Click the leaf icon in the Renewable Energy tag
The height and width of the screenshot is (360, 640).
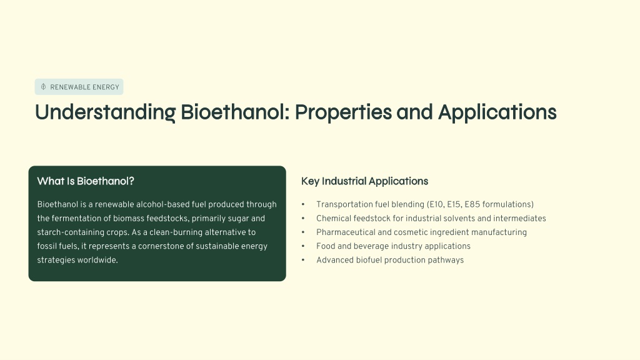point(43,86)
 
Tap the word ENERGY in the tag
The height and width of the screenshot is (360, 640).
point(106,87)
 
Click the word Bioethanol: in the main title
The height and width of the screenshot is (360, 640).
point(235,112)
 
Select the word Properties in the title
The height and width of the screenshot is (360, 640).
point(343,112)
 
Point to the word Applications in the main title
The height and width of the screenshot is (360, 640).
point(497,112)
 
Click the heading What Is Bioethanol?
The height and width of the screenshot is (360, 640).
point(86,181)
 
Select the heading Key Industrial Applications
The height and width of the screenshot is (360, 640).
point(364,181)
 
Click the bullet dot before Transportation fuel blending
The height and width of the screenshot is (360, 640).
point(303,204)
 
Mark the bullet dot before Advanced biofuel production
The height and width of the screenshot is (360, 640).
point(303,260)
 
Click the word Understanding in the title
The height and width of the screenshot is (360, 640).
point(105,112)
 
